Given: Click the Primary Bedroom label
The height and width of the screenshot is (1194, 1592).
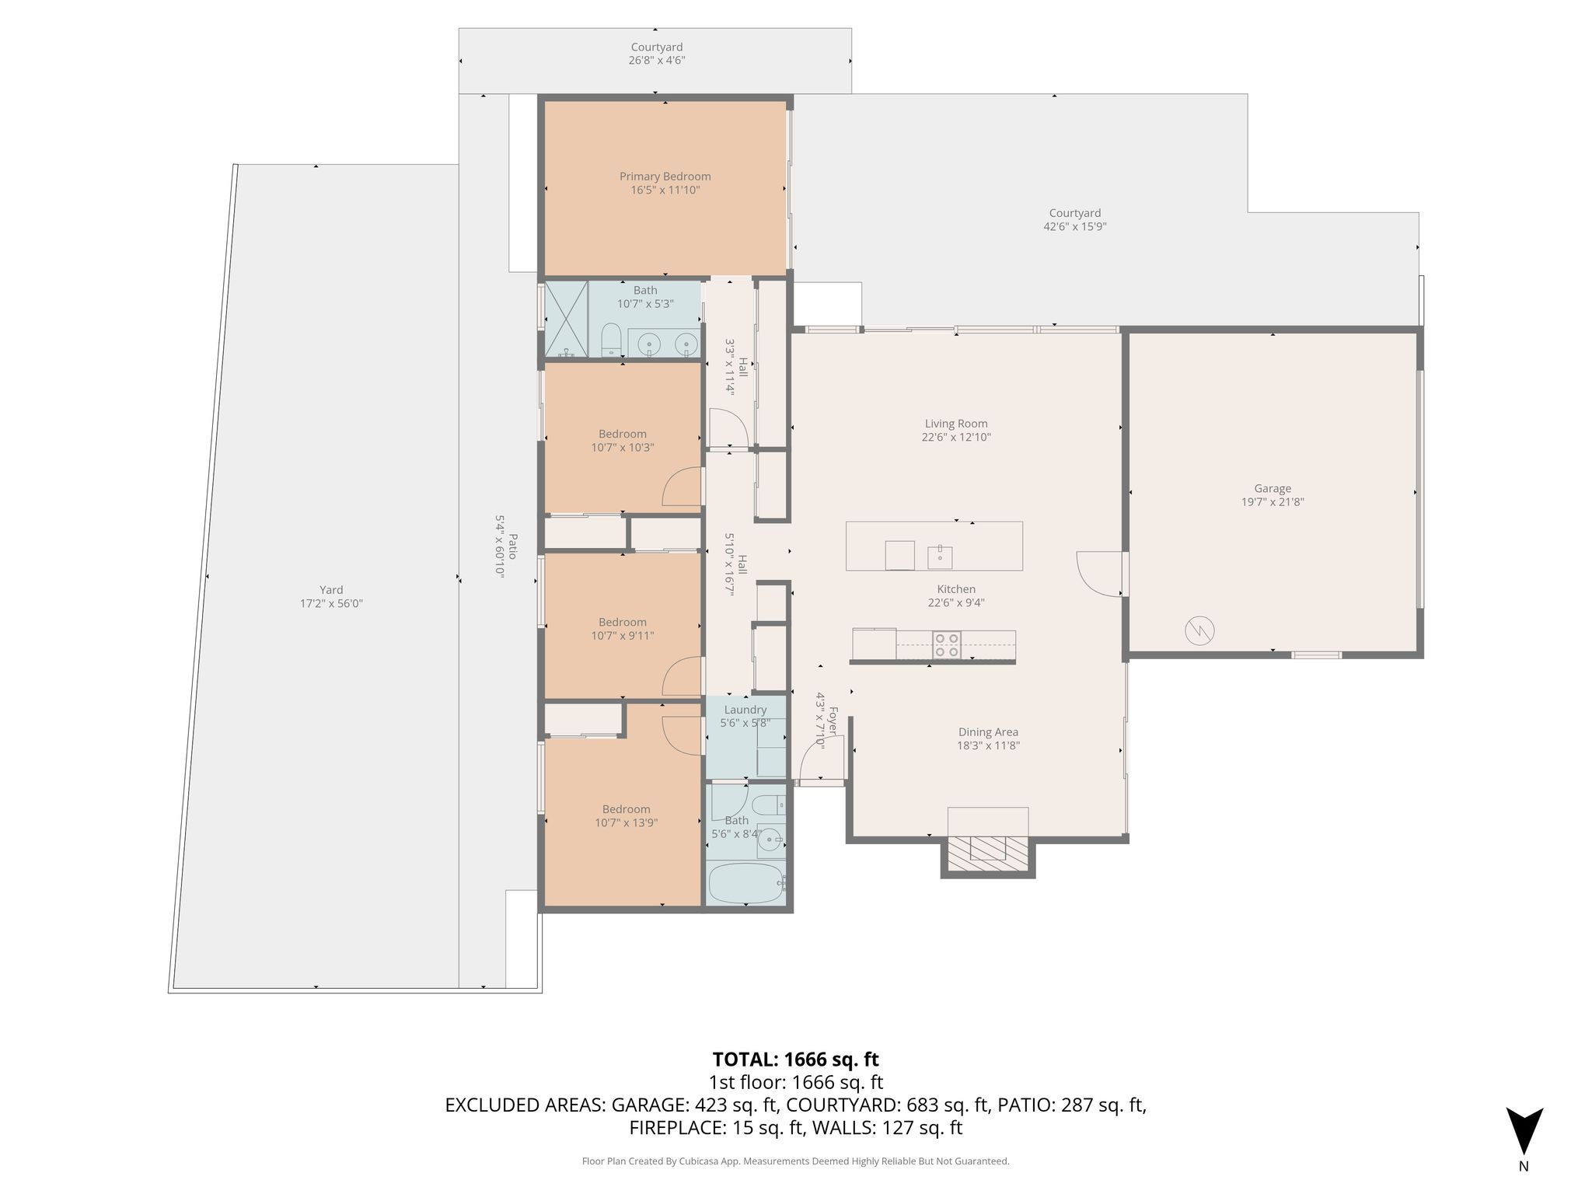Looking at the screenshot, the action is [x=665, y=176].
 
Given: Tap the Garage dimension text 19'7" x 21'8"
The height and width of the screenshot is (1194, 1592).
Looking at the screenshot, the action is [x=1273, y=502].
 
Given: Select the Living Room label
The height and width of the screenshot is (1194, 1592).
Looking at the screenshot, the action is [x=956, y=424].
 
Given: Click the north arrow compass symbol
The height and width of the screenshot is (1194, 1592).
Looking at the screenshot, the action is [x=1524, y=1132].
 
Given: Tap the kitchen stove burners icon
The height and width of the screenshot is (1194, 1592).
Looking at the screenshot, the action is [x=947, y=645].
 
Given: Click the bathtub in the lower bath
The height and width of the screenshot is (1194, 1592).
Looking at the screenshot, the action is [x=745, y=884].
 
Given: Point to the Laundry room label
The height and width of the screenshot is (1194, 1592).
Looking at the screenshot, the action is [x=745, y=710].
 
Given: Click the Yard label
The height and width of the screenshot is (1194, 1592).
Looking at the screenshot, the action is [x=331, y=590].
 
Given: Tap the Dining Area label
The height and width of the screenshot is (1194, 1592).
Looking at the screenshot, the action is [x=988, y=732].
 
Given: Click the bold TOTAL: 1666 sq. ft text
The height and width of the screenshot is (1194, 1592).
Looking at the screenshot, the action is [x=796, y=1060].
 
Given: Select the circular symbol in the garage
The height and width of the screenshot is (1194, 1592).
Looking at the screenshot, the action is [x=1199, y=630].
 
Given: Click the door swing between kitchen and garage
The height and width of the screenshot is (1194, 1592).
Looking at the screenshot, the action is [x=1099, y=574].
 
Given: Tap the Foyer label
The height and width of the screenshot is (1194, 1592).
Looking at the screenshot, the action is [x=833, y=721].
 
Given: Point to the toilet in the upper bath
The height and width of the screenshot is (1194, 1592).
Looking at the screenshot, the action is [x=612, y=340].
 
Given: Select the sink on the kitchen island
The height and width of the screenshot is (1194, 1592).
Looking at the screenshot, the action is [x=940, y=556].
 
